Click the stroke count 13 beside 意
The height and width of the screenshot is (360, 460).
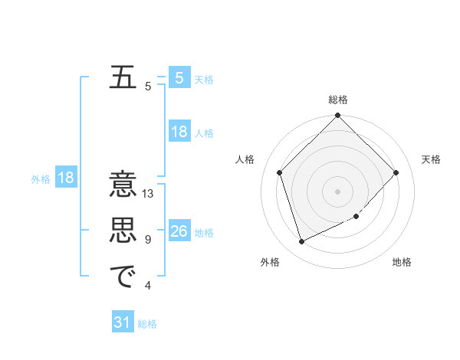tap(148, 194)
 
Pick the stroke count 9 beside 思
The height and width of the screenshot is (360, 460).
tap(148, 240)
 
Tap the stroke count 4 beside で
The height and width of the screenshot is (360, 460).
tap(148, 286)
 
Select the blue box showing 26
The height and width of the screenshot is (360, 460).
tap(179, 231)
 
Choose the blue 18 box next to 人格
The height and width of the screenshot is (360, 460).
tap(179, 132)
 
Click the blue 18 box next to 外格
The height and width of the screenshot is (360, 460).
tap(66, 178)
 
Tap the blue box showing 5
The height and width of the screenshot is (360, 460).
tap(179, 77)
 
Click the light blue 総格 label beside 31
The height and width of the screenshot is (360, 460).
tap(147, 324)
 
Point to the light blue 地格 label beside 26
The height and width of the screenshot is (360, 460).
tap(205, 233)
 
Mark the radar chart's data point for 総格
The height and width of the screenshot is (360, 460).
tap(338, 116)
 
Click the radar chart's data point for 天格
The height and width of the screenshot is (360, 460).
tap(396, 172)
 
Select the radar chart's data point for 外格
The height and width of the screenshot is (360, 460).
tap(302, 242)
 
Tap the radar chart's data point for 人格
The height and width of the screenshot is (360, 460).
tap(280, 172)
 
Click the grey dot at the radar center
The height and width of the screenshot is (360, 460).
tap(338, 191)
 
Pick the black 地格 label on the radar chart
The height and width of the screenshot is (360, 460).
tap(402, 263)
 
